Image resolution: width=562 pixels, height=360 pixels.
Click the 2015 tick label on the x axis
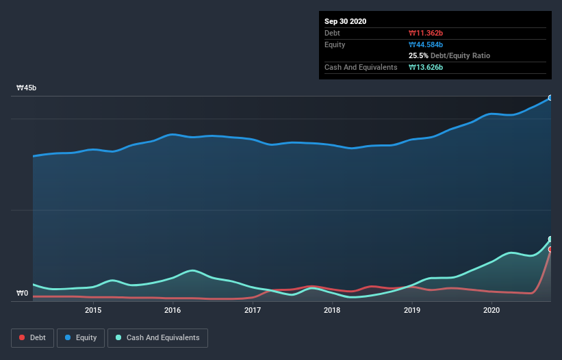click(x=93, y=310)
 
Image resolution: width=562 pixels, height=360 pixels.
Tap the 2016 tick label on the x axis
click(x=173, y=310)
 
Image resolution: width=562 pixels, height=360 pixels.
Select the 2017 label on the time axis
click(x=253, y=310)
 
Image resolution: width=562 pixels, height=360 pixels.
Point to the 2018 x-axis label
click(x=332, y=310)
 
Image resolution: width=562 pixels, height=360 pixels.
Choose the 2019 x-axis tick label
click(x=412, y=310)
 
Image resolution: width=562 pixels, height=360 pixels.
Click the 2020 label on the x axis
click(x=491, y=310)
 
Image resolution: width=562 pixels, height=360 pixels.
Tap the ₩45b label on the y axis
click(x=27, y=88)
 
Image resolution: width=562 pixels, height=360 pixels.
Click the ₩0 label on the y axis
click(x=23, y=294)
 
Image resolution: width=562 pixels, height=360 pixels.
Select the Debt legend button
click(x=32, y=337)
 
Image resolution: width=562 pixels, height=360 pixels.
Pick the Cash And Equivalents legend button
click(x=157, y=337)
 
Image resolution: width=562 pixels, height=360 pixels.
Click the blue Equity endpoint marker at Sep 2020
click(x=550, y=98)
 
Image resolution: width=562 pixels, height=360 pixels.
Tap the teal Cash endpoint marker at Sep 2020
click(x=550, y=240)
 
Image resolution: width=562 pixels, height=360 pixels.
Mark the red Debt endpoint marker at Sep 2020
click(x=550, y=250)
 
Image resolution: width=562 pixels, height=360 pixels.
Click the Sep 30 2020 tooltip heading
click(x=346, y=21)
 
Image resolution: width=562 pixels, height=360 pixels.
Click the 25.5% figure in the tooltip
click(x=418, y=55)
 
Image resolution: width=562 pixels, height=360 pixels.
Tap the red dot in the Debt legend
click(x=23, y=337)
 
